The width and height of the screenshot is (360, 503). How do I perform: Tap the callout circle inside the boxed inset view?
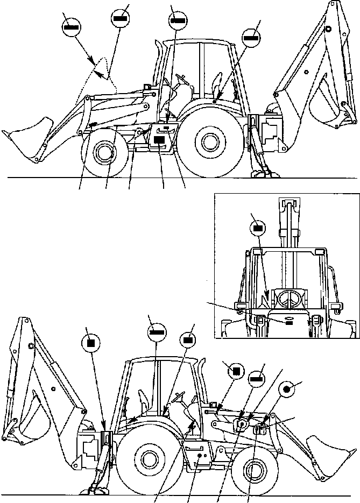[x=258, y=228]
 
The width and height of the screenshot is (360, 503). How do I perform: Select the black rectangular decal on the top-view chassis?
[x=159, y=139]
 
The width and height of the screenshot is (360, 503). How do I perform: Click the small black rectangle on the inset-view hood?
[x=288, y=323]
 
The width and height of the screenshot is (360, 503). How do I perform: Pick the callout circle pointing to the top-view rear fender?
[x=251, y=37]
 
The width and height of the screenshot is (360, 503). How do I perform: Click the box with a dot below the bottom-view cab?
[x=199, y=454]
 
